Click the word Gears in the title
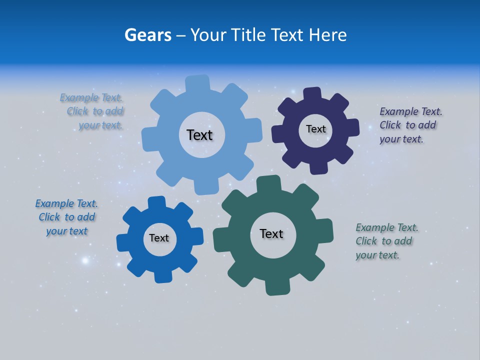point(147,35)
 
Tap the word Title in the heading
point(249,35)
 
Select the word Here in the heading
point(327,35)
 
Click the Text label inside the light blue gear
point(199,135)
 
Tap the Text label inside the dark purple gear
point(315,129)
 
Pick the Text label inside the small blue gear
point(159,238)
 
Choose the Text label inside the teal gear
point(271,233)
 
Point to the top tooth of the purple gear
point(312,94)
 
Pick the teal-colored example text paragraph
point(385,241)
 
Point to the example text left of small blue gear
point(66,217)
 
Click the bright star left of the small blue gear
point(85,260)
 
